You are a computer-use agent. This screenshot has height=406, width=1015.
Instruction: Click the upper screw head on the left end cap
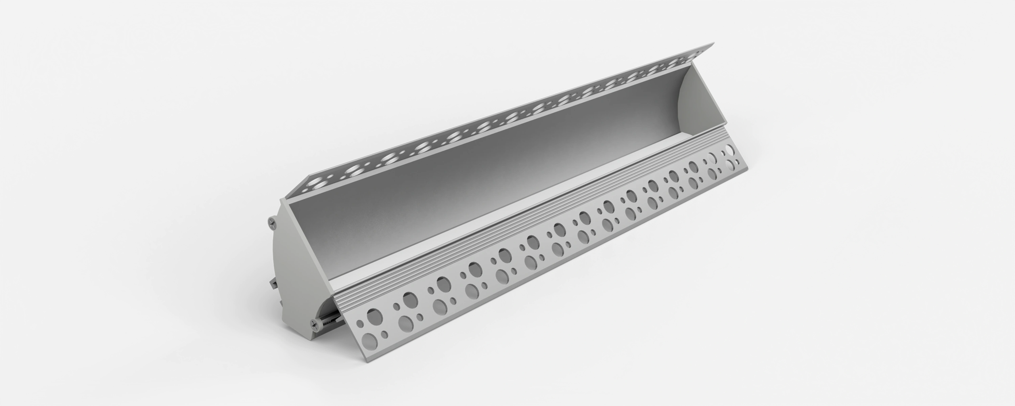pyautogui.click(x=272, y=222)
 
